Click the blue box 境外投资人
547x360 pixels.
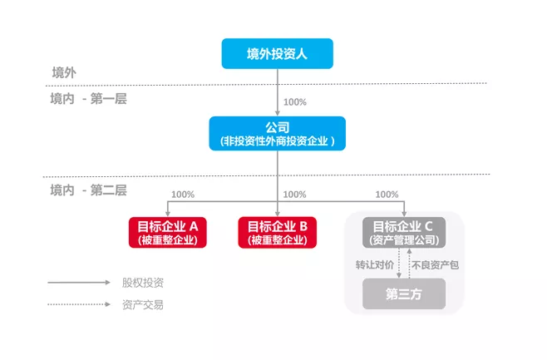(x=277, y=53)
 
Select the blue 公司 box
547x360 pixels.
(x=277, y=134)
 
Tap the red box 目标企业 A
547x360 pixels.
(x=167, y=232)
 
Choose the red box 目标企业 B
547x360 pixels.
(x=278, y=232)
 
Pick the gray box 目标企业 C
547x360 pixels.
(x=404, y=232)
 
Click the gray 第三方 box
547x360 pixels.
(x=404, y=293)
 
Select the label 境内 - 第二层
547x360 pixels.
(x=88, y=190)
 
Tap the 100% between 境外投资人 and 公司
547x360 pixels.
(x=295, y=102)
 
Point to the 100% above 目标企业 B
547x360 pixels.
(x=295, y=195)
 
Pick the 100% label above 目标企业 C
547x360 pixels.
(x=387, y=195)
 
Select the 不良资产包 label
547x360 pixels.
(x=434, y=264)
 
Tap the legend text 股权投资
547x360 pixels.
(x=142, y=283)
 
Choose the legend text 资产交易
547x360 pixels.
(x=142, y=304)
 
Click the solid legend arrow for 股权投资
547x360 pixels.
(x=79, y=283)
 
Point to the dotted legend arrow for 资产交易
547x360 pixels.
(x=79, y=304)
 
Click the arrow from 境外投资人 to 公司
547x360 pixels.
(x=278, y=91)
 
